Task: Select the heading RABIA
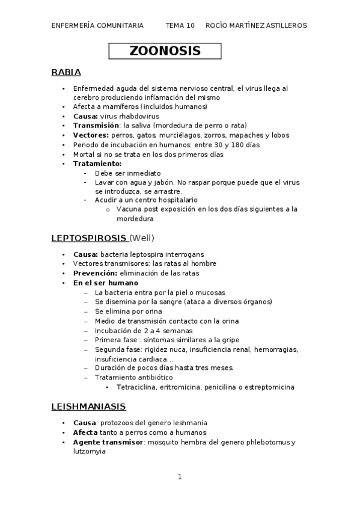coord(66,73)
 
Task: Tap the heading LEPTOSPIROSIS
coord(88,238)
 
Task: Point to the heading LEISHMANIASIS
coord(88,407)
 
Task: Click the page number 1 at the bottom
coord(179,477)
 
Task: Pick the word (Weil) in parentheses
coord(142,238)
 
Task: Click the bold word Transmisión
coord(95,126)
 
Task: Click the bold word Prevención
coord(94,273)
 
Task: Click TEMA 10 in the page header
coord(180,25)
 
